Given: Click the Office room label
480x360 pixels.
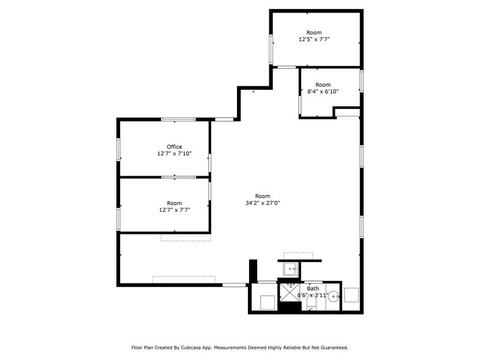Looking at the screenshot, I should pyautogui.click(x=174, y=147).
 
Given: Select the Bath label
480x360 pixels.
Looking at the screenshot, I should pyautogui.click(x=313, y=288).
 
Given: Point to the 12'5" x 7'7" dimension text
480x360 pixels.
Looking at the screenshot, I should pyautogui.click(x=314, y=40).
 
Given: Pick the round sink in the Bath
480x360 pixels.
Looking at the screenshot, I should pyautogui.click(x=333, y=298).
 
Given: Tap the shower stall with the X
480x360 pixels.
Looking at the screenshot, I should pyautogui.click(x=289, y=293).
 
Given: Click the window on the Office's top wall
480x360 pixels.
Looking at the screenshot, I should pyautogui.click(x=178, y=119).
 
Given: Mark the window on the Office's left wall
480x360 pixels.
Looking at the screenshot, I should pyautogui.click(x=119, y=149).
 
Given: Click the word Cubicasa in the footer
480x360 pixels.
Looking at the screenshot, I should pyautogui.click(x=192, y=347).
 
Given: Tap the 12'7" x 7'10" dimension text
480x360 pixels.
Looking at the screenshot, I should pyautogui.click(x=174, y=154).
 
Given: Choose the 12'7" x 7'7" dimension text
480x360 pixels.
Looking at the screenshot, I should pyautogui.click(x=174, y=210).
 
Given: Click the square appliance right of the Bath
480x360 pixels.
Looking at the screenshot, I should pyautogui.click(x=352, y=294).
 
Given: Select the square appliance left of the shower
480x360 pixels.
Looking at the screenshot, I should pyautogui.click(x=266, y=302).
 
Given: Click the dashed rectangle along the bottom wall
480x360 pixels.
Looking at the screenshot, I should pyautogui.click(x=184, y=279).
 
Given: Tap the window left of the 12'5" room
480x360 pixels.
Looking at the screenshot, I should pyautogui.click(x=271, y=49).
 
